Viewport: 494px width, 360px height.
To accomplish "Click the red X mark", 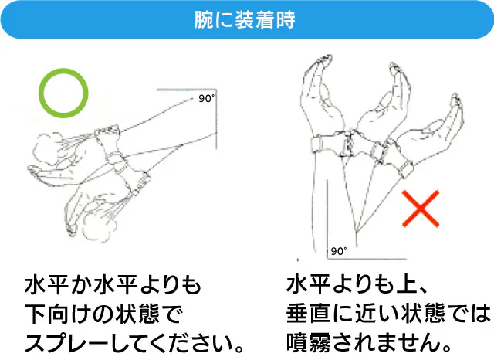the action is click(421, 209).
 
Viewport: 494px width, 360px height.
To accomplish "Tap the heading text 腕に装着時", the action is click(245, 19).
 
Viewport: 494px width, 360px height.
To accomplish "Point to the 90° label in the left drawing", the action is click(206, 98).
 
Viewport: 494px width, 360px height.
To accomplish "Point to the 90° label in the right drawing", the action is click(339, 251).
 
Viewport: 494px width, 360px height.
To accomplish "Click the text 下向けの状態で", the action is click(103, 314).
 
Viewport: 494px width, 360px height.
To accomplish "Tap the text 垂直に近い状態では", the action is click(388, 314).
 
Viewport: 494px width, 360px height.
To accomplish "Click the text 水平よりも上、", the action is click(357, 284).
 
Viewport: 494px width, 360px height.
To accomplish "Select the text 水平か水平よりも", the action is click(113, 285).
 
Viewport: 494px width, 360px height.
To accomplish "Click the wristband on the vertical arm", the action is click(327, 144).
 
